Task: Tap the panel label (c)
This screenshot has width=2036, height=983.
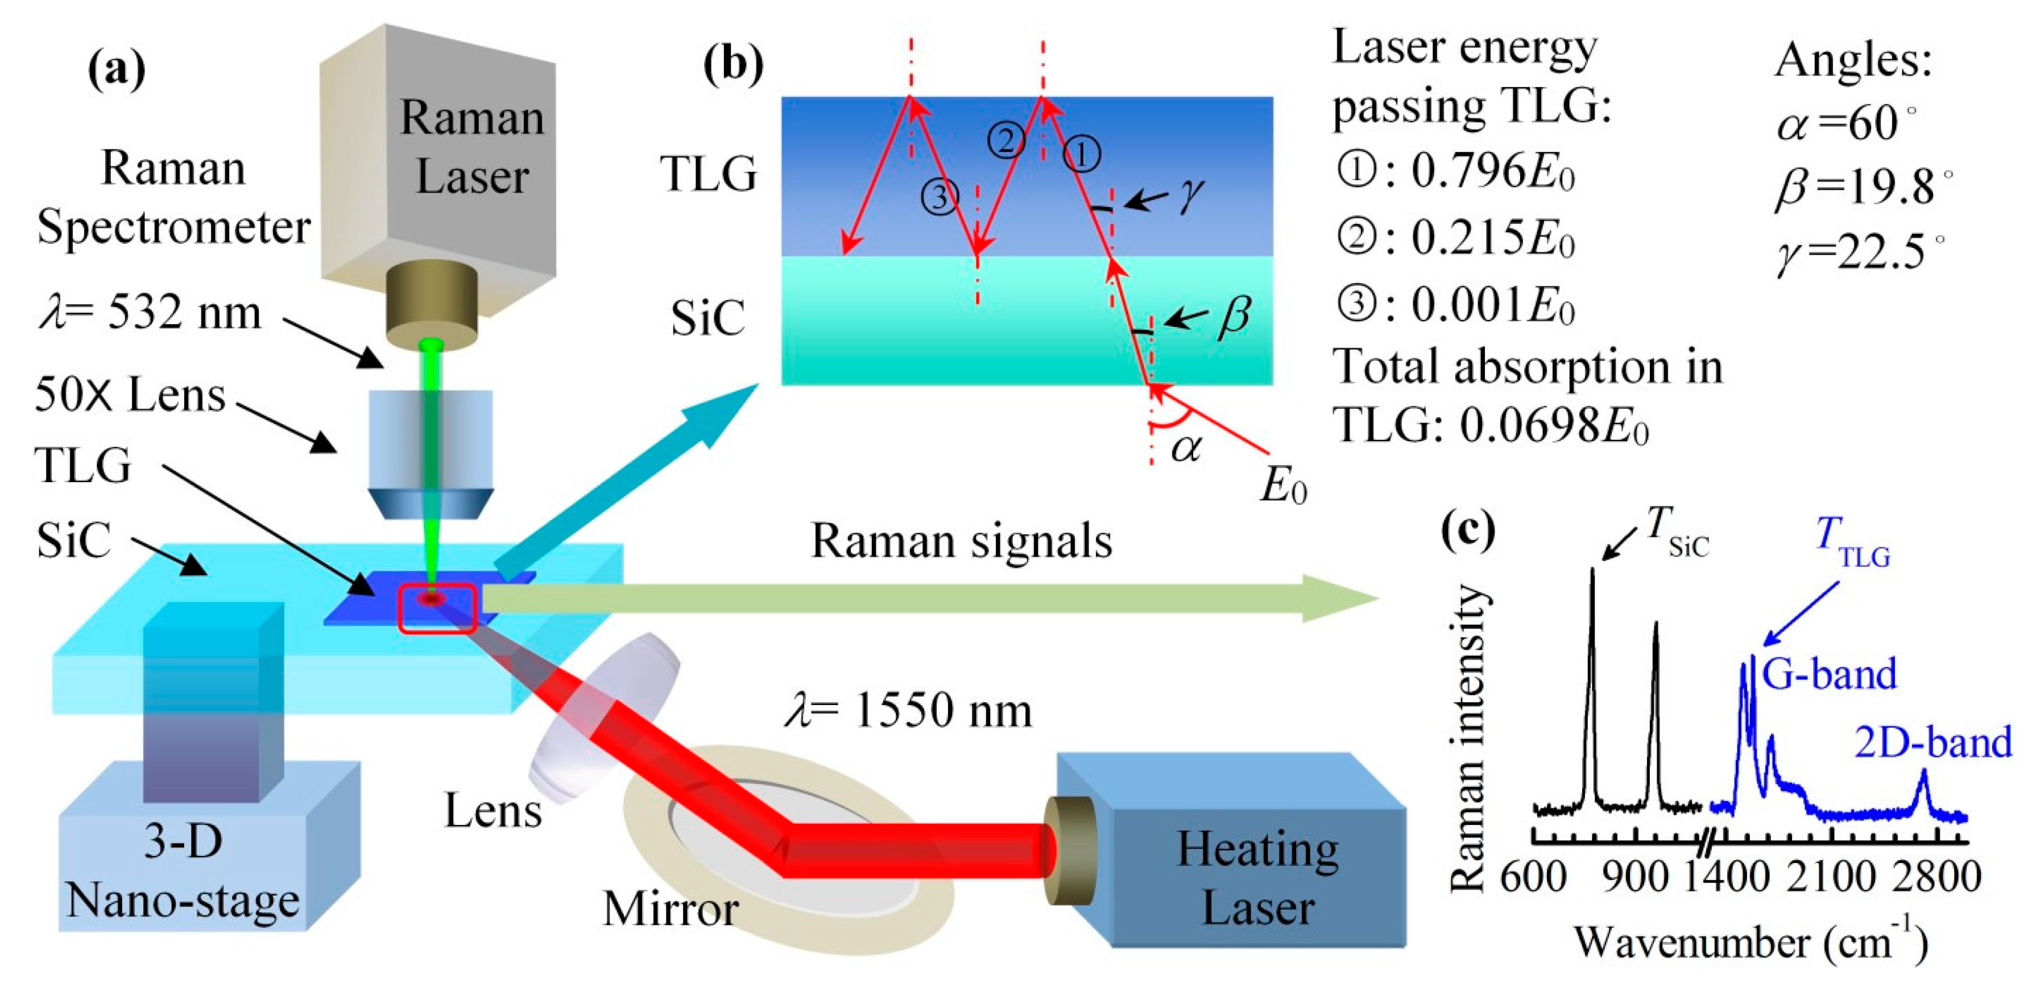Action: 1468,532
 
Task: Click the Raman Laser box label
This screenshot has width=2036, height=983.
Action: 472,147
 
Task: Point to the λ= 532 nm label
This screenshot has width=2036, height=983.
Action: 150,313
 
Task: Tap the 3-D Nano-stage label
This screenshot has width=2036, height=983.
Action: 183,871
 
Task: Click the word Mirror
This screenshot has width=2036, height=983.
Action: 671,909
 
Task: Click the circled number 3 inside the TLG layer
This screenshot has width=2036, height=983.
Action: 940,196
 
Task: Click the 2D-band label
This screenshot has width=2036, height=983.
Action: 1933,743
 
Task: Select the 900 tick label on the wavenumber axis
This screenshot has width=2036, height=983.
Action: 1635,877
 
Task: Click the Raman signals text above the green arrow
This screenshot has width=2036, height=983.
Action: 961,542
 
